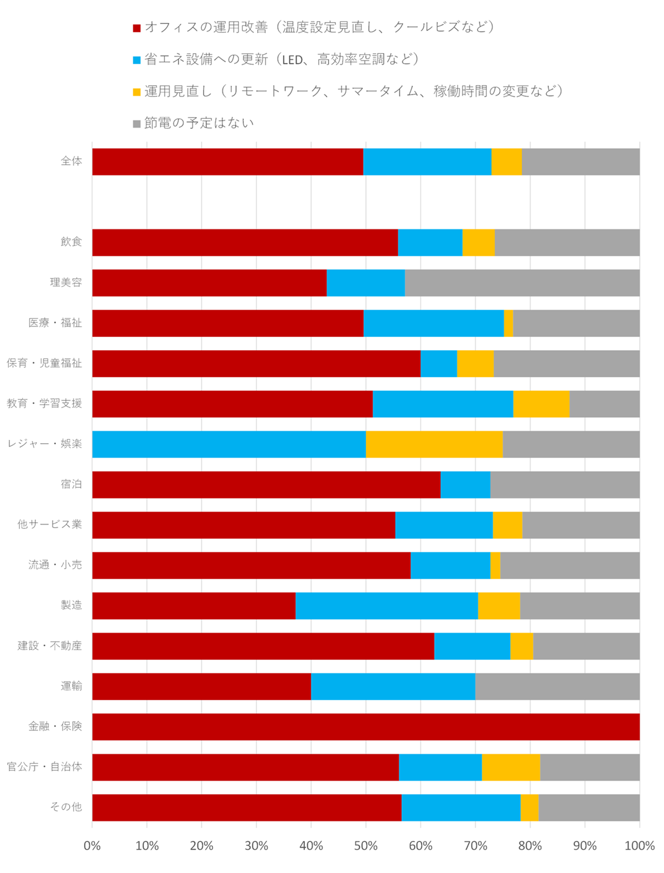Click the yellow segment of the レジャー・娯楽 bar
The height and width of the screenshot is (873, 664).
coord(434,444)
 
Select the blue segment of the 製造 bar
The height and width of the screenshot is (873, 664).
coord(386,606)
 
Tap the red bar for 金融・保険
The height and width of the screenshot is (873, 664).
coord(366,727)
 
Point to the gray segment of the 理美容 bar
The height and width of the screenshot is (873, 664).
coord(522,283)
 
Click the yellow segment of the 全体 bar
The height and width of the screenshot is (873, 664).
coord(506,162)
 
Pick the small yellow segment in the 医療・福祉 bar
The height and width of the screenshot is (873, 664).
coord(509,323)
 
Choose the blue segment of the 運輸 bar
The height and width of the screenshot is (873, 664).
coord(393,687)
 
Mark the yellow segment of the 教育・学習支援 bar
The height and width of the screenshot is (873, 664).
coord(541,404)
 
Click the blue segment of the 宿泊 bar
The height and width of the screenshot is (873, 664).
coord(465,485)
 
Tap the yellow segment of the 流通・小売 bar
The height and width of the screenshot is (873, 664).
coord(495,565)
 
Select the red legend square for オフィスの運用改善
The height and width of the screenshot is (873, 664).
coord(137,28)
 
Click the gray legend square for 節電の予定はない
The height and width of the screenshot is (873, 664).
coord(137,124)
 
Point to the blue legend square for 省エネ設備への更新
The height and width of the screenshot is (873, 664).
coord(137,60)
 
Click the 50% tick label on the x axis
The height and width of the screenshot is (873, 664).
coord(366,846)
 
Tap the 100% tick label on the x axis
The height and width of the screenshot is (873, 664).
coord(640,846)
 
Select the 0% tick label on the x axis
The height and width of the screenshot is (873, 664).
coord(92,846)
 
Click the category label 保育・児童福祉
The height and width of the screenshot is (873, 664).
coord(44,363)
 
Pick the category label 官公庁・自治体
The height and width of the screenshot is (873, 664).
coord(44,767)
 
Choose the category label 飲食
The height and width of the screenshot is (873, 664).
coord(71,242)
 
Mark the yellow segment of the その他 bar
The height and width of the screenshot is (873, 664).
coord(529,808)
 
